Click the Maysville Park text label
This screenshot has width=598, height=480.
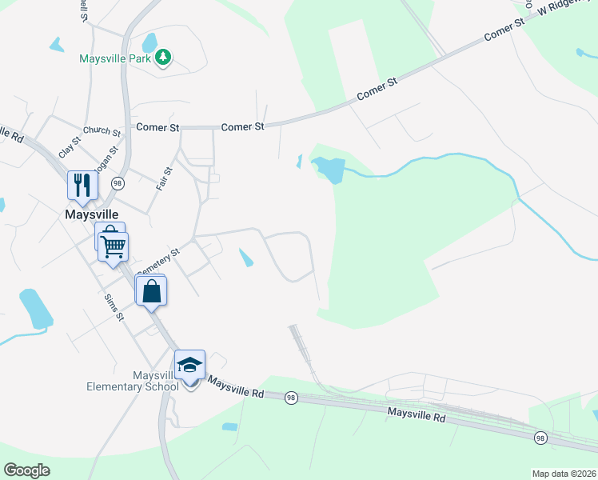(117, 58)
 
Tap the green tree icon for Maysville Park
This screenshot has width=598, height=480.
(163, 58)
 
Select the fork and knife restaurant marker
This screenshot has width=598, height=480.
(82, 186)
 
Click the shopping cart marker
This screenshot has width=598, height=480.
(114, 247)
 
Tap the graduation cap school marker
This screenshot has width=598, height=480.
(190, 366)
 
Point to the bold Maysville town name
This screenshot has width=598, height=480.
(91, 214)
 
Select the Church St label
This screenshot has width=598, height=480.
(102, 131)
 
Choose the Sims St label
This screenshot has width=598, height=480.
(115, 307)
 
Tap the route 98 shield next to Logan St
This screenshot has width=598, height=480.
(118, 182)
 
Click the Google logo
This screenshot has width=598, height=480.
(26, 470)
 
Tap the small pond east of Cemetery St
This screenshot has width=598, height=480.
(247, 258)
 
